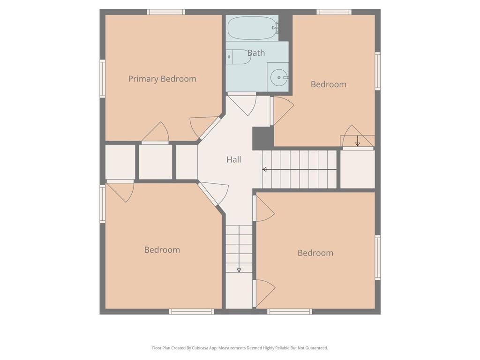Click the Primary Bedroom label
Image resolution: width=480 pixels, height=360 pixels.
click(162, 79)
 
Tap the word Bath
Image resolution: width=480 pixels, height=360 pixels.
click(256, 53)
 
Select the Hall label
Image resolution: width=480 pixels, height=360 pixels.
click(234, 159)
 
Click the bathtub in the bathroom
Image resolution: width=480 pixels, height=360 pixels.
click(252, 28)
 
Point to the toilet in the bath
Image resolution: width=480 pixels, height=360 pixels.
click(239, 57)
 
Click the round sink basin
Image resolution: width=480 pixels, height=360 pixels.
click(279, 77)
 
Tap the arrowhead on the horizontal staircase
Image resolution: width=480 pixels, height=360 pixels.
click(264, 169)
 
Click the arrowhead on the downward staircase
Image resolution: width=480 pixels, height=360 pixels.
click(239, 270)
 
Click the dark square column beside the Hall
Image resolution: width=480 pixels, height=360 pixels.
click(262, 138)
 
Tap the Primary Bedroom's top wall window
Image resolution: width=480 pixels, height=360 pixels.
click(166, 12)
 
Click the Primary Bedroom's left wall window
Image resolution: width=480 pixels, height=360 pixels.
click(103, 79)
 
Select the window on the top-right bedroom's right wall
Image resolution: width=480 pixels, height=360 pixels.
click(378, 71)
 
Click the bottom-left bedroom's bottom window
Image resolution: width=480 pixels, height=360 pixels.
click(192, 312)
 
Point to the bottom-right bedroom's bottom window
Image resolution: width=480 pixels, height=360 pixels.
click(290, 312)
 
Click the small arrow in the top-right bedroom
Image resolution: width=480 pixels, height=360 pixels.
click(358, 141)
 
